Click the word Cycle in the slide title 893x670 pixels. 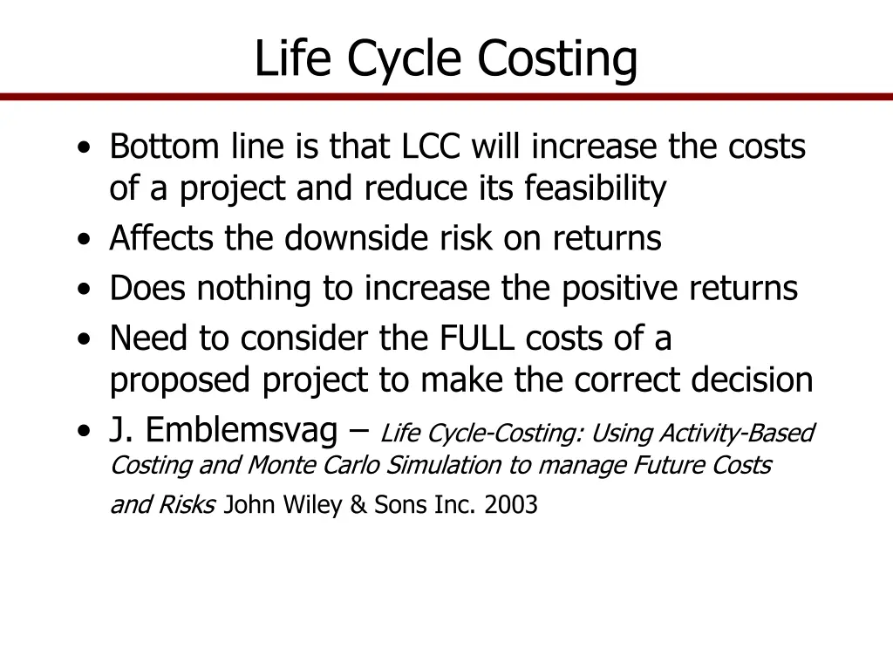pos(406,59)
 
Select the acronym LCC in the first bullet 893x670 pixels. pos(431,147)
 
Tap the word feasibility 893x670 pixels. pos(596,188)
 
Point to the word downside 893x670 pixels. pos(344,237)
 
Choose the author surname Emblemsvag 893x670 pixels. pos(242,429)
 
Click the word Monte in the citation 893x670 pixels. pos(283,465)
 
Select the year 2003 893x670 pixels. pos(512,504)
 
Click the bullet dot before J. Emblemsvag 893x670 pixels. pos(82,431)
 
